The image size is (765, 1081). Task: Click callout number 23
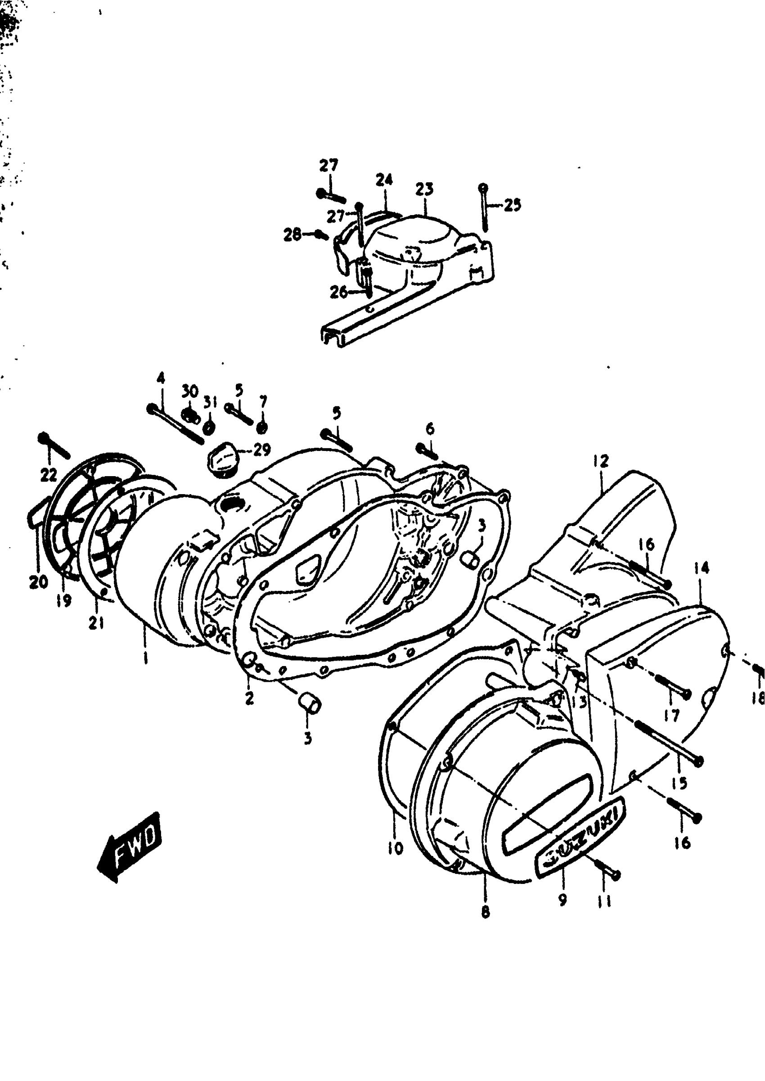point(424,189)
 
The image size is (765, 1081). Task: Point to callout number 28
point(292,234)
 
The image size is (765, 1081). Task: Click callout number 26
point(339,293)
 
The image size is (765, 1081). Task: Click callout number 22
point(49,475)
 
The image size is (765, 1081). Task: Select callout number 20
point(39,582)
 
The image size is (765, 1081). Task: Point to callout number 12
point(601,460)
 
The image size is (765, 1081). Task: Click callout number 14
point(701,568)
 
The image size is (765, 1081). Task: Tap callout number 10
point(396,848)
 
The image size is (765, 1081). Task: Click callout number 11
point(604,901)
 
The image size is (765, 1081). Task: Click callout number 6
point(430,428)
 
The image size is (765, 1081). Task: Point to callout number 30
point(190,391)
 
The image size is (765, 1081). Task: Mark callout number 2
point(249,698)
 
